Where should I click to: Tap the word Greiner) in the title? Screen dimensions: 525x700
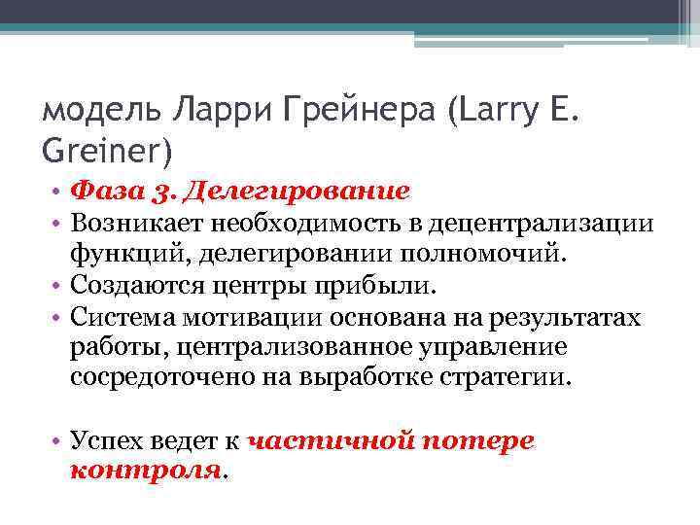click(108, 153)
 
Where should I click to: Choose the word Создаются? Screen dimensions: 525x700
click(131, 287)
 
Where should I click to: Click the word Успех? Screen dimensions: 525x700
click(103, 440)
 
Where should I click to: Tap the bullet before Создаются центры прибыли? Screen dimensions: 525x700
click(57, 287)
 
